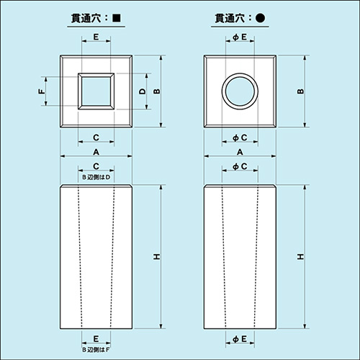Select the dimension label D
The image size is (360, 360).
[x=143, y=91]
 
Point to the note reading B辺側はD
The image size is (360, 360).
[x=96, y=177]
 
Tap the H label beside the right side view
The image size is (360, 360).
[x=300, y=257]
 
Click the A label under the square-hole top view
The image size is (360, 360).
[x=96, y=152]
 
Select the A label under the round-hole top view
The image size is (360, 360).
[x=240, y=152]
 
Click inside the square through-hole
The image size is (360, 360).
[x=96, y=91]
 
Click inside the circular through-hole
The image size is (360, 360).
[x=240, y=91]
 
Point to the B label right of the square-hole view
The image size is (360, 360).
[x=157, y=91]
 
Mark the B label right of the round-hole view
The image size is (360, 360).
[x=300, y=91]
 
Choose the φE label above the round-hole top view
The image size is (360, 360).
[x=240, y=36]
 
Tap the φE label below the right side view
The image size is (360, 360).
[x=240, y=338]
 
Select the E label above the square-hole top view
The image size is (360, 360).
[x=96, y=36]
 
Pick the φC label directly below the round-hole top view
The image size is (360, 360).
[x=240, y=137]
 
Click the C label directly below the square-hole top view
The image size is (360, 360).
[x=96, y=137]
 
